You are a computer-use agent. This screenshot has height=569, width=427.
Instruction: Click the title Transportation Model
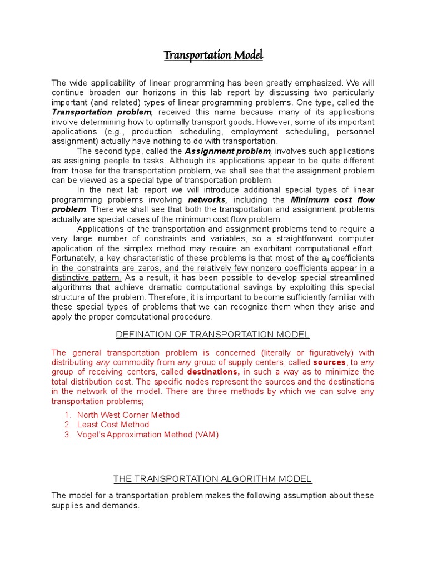213,56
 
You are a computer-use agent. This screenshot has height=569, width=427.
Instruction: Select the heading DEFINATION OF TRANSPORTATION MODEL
212,334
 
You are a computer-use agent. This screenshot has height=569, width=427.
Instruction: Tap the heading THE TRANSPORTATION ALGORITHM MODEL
212,478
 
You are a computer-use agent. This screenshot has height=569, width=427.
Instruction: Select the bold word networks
207,199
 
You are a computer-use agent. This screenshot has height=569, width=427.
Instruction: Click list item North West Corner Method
128,415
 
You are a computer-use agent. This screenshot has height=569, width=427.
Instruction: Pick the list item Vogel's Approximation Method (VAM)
148,435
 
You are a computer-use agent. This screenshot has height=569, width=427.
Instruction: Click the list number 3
67,435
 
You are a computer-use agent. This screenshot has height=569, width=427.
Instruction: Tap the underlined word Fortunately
74,258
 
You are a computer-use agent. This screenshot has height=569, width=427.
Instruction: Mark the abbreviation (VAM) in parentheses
207,435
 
